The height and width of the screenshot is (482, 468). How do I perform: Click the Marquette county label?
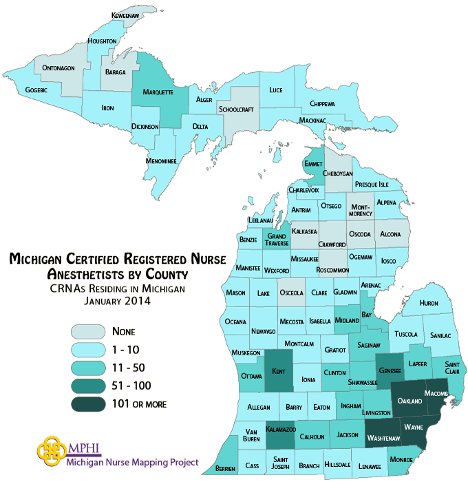click(x=158, y=91)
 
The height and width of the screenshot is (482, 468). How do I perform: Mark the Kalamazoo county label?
click(x=281, y=430)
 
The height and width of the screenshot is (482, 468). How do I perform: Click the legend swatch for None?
click(x=87, y=331)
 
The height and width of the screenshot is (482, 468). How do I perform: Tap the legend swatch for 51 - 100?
click(x=87, y=386)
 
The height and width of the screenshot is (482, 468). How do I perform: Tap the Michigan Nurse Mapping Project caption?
click(x=133, y=462)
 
